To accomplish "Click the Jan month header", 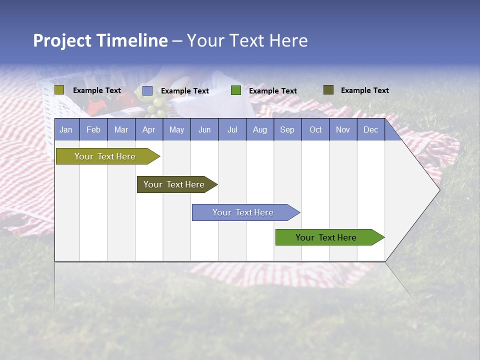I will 66,130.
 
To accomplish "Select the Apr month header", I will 148,130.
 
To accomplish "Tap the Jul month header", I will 232,130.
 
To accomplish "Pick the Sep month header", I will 287,130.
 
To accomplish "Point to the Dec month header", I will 370,130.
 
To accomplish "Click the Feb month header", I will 93,130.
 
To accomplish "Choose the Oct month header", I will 315,130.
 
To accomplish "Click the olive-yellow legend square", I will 59,90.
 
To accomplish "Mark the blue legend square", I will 147,90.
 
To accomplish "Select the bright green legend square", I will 236,90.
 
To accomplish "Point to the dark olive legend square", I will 328,90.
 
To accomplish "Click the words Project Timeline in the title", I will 100,40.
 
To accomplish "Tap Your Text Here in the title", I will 247,40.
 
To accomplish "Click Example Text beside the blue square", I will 185,91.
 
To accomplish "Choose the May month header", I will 176,130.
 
